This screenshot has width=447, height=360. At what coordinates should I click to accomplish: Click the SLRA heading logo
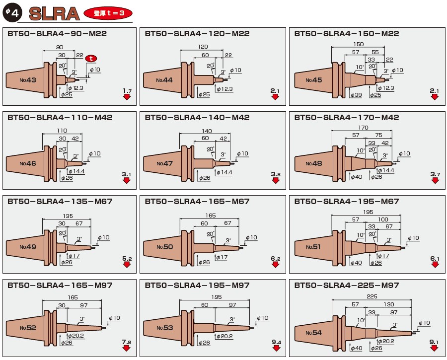54,13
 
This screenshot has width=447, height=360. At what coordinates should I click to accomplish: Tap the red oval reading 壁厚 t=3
109,13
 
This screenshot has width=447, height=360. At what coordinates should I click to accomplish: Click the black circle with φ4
11,13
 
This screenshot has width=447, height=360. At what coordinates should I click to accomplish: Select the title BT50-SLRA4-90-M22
57,34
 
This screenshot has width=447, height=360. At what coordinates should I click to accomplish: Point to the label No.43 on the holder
28,80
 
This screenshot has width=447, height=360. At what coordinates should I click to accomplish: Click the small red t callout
90,59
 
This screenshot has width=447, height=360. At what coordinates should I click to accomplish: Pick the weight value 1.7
127,90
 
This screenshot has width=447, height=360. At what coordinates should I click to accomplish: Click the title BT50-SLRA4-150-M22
346,34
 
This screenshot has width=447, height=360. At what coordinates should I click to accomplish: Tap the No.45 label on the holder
314,80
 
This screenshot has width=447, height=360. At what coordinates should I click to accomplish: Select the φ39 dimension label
356,95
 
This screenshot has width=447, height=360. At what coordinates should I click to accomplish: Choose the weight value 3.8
276,174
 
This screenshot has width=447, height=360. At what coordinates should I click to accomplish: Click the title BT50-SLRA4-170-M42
346,118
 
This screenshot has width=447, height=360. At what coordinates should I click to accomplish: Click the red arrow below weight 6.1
435,265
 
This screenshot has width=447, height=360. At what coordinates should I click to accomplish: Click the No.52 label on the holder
28,328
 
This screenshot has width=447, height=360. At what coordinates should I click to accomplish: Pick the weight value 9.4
276,342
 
